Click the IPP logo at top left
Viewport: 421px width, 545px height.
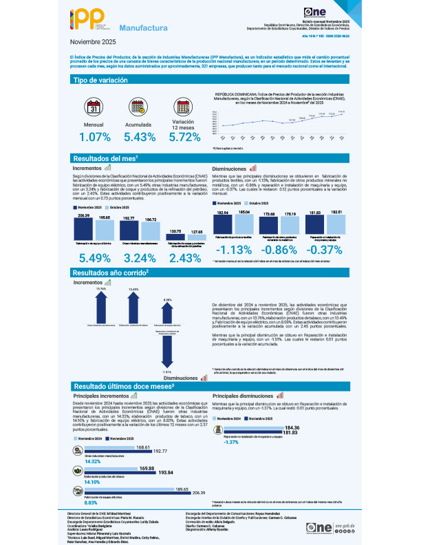pos(91,22)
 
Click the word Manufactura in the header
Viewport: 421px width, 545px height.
pos(144,29)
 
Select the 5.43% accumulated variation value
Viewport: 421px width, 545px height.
pos(139,137)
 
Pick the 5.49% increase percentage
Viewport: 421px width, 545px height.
pos(95,258)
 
